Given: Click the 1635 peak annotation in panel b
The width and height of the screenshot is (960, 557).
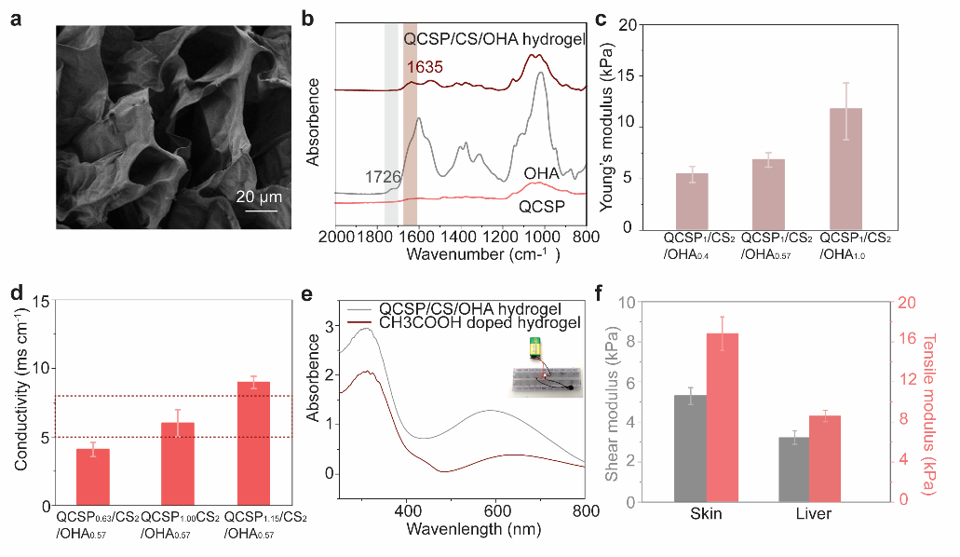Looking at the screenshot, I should (x=424, y=67).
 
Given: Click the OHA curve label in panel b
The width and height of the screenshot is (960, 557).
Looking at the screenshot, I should (x=540, y=172).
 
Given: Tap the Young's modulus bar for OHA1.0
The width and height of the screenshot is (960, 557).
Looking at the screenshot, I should (x=845, y=169).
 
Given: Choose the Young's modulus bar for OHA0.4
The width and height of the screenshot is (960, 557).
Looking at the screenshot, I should (x=691, y=200).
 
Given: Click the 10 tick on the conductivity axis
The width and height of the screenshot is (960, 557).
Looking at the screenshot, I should (x=41, y=369).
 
